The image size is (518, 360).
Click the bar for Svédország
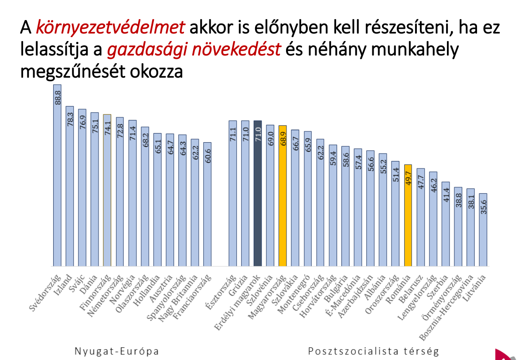pos(57,175)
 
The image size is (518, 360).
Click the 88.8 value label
pos(58,97)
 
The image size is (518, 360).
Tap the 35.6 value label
pos(483,206)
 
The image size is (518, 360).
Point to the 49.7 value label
pos(408,177)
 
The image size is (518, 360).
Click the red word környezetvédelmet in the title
pos(110,28)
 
